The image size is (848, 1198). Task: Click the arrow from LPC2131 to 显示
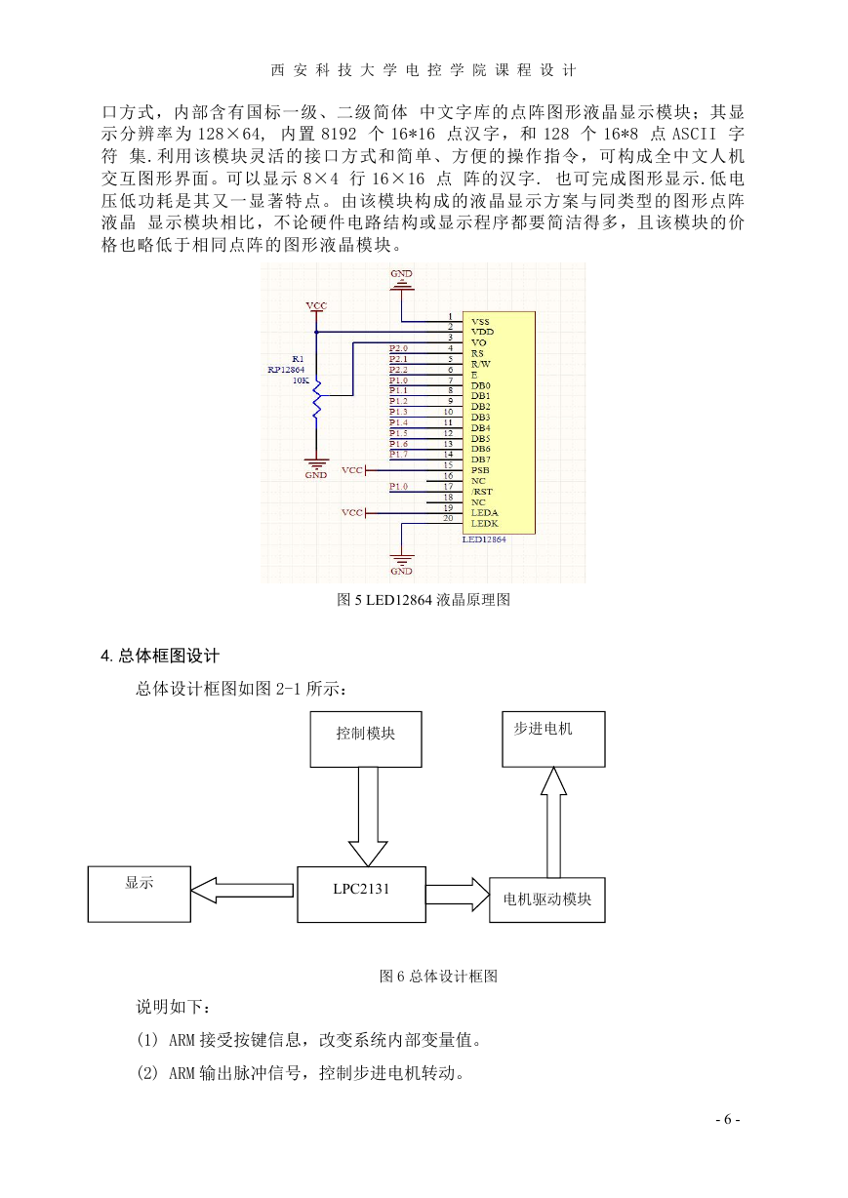pyautogui.click(x=242, y=891)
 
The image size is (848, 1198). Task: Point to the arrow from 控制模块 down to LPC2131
pyautogui.click(x=368, y=817)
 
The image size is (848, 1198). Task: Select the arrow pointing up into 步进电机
pyautogui.click(x=553, y=822)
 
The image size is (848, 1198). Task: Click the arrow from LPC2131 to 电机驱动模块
pyautogui.click(x=458, y=895)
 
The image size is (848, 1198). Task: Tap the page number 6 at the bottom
pyautogui.click(x=728, y=1119)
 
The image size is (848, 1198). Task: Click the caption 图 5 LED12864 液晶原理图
pyautogui.click(x=424, y=600)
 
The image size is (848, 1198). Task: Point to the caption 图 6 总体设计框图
pyautogui.click(x=438, y=976)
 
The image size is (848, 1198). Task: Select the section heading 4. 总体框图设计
pyautogui.click(x=160, y=656)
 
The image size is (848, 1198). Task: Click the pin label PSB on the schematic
pyautogui.click(x=480, y=470)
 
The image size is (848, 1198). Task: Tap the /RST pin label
pyautogui.click(x=481, y=492)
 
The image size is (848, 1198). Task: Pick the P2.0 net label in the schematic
pyautogui.click(x=398, y=348)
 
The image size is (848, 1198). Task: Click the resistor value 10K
pyautogui.click(x=301, y=380)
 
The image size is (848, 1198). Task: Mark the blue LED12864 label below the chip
pyautogui.click(x=484, y=539)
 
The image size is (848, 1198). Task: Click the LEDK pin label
pyautogui.click(x=484, y=523)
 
